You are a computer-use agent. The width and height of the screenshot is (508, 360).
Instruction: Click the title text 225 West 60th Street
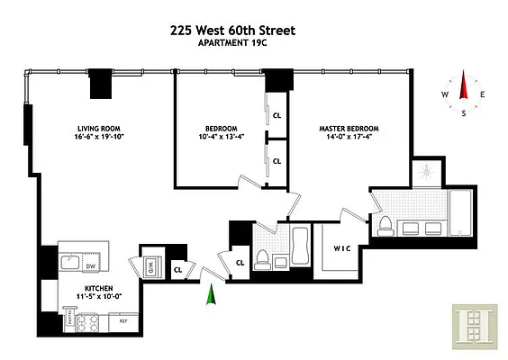[232, 30]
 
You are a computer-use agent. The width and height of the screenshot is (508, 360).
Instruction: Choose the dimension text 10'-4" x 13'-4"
[221, 138]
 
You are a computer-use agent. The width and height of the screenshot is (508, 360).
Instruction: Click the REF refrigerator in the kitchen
[123, 319]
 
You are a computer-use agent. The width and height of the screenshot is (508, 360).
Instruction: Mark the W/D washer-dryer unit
[149, 265]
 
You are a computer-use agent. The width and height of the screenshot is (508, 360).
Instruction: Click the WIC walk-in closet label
[341, 247]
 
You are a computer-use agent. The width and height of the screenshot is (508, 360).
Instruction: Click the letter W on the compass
[445, 94]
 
